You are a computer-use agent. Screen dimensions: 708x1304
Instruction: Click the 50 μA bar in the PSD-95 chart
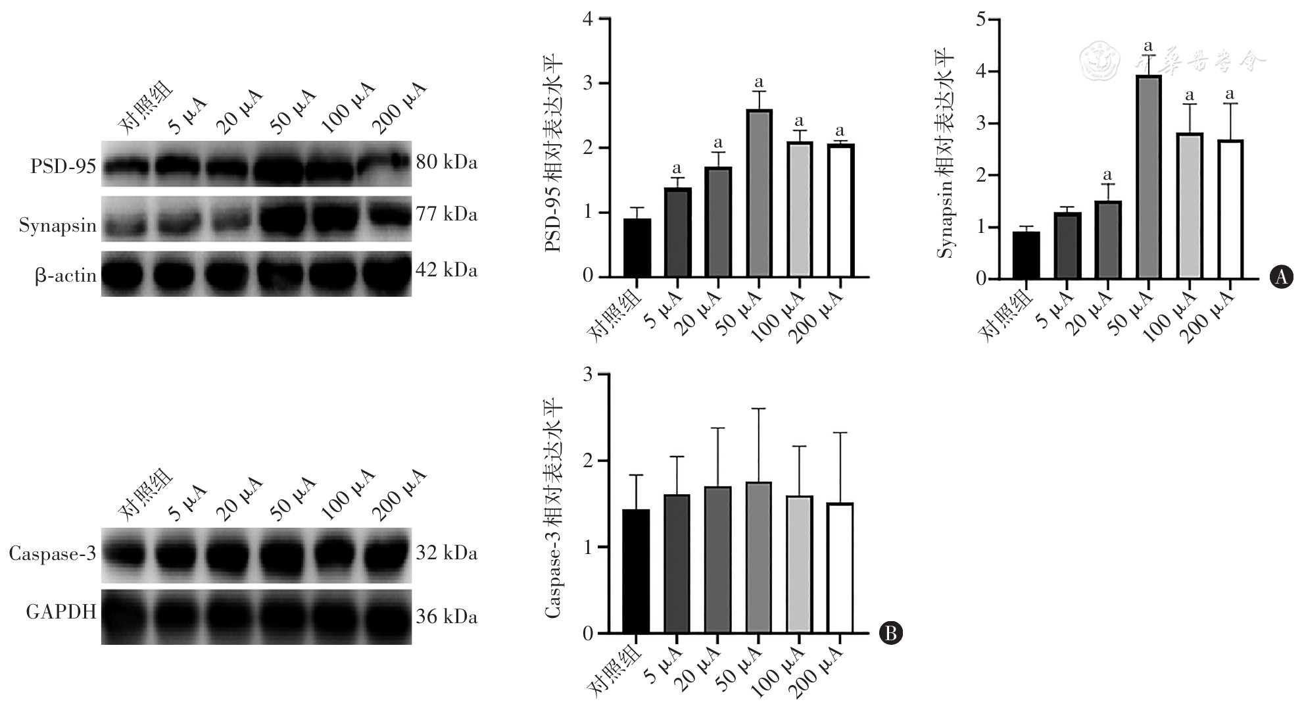(759, 193)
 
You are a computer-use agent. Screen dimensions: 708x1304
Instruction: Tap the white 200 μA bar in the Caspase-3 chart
(840, 569)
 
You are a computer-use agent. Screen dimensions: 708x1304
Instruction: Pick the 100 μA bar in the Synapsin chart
(1189, 206)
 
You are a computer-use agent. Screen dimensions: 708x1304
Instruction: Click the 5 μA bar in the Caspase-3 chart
(677, 564)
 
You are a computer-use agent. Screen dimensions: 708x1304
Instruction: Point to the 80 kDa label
(447, 162)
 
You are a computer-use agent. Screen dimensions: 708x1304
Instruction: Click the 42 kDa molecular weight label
(447, 270)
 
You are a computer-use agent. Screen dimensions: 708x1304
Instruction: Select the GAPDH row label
(61, 613)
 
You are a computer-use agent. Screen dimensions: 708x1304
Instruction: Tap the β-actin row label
(66, 276)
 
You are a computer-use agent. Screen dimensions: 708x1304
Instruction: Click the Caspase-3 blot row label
(53, 554)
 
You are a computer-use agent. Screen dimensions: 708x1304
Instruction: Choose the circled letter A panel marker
(1280, 277)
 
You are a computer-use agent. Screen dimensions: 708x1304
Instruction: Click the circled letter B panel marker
(891, 633)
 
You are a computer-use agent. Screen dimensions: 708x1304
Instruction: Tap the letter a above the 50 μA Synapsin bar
(1148, 46)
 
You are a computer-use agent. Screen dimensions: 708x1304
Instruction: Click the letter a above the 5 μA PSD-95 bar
(677, 168)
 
